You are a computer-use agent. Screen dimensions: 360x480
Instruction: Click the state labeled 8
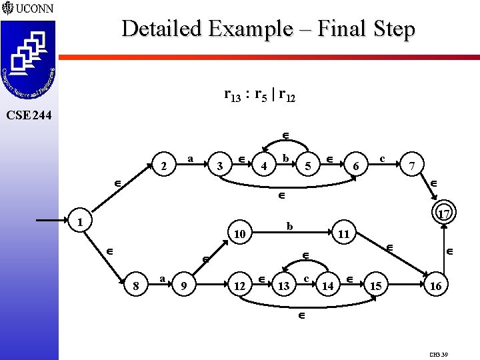[x=135, y=286]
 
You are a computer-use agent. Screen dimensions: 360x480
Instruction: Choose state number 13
[x=283, y=286]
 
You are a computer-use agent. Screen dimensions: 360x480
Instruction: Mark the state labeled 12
[x=239, y=286]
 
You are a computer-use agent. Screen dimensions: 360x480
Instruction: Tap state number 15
[x=376, y=286]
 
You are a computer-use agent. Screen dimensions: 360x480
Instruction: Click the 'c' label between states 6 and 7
[x=382, y=159]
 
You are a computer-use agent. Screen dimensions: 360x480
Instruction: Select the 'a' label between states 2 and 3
[x=191, y=159]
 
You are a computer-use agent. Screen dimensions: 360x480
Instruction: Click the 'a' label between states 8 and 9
[x=162, y=278]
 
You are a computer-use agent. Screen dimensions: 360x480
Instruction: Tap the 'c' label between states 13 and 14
[x=305, y=278]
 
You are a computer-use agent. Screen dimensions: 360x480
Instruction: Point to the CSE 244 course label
[x=27, y=115]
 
